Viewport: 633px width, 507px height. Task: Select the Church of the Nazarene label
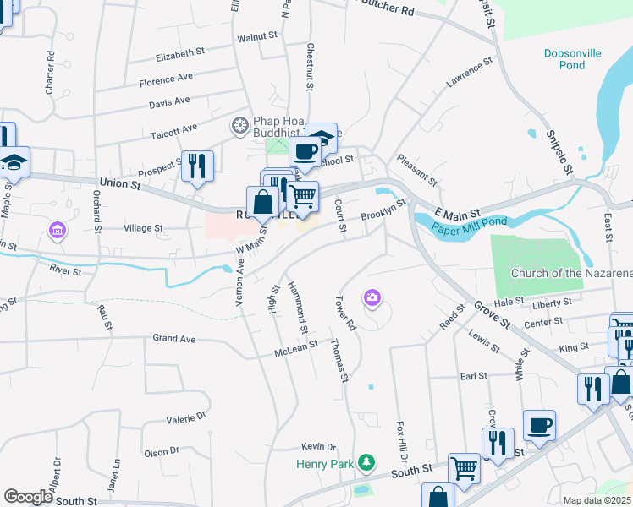click(571, 273)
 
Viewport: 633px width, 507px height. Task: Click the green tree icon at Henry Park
click(366, 462)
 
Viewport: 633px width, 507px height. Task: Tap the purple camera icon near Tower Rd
click(372, 297)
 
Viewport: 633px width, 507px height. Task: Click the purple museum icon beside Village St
click(57, 229)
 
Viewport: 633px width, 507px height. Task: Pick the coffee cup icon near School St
click(305, 151)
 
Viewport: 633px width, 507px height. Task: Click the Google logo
click(28, 497)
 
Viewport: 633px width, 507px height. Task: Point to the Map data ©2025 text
click(597, 500)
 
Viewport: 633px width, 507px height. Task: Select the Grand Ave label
click(174, 339)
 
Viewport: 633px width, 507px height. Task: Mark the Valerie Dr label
click(186, 417)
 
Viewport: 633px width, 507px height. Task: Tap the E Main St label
click(458, 212)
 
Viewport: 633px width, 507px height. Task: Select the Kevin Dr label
click(319, 446)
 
